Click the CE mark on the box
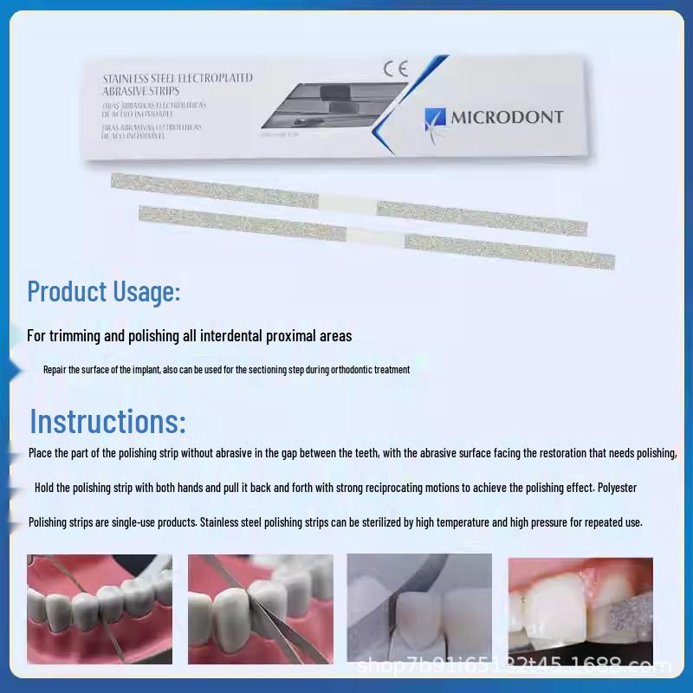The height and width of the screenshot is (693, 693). click(394, 68)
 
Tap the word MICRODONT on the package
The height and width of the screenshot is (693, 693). click(507, 117)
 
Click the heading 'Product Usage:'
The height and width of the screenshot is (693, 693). click(104, 291)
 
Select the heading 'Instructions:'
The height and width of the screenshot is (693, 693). click(108, 422)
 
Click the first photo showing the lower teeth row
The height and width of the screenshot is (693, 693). click(100, 608)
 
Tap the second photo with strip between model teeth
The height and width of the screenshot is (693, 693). click(261, 608)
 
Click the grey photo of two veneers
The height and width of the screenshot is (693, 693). click(419, 608)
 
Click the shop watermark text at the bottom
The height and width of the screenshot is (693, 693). click(515, 666)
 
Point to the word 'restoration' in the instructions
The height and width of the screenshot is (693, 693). click(547, 453)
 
